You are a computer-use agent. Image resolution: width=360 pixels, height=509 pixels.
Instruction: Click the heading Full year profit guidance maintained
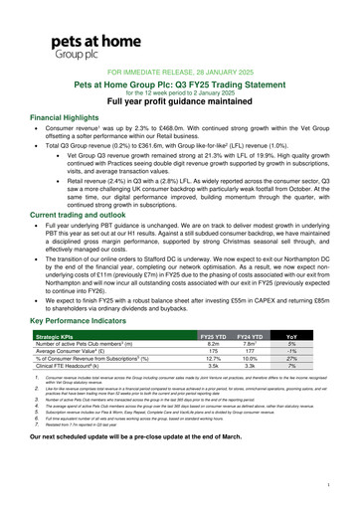[180, 104]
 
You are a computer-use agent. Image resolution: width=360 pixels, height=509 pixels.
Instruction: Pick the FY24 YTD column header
[262, 339]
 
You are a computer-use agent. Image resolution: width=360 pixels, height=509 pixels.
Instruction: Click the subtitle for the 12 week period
[180, 94]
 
